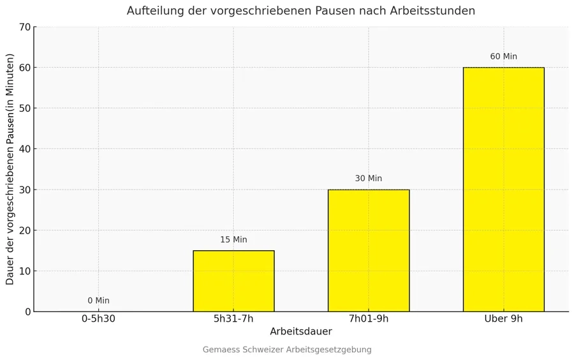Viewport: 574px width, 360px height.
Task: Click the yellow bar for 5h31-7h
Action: [233, 281]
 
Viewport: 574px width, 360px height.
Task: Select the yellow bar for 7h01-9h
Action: [369, 250]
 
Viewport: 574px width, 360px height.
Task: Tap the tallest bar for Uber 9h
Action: [503, 190]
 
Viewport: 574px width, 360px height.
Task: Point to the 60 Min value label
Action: [503, 57]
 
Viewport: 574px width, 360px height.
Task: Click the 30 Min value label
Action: [369, 179]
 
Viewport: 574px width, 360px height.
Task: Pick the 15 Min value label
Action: [233, 240]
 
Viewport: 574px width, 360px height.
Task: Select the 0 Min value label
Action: [98, 301]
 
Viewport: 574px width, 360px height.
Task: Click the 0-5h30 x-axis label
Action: [98, 319]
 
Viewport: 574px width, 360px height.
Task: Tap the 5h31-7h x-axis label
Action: [233, 319]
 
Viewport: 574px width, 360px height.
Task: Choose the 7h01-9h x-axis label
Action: [369, 319]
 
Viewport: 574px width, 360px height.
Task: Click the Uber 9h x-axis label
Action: [503, 319]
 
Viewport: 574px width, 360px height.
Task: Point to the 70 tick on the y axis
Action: [25, 27]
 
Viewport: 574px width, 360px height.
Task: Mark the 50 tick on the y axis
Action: [25, 109]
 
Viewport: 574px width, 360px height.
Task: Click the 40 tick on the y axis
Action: [25, 149]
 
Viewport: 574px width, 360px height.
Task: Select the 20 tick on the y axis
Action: [25, 230]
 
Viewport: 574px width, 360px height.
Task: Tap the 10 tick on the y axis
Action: [25, 271]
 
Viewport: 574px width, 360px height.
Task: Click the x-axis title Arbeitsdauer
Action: [300, 332]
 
